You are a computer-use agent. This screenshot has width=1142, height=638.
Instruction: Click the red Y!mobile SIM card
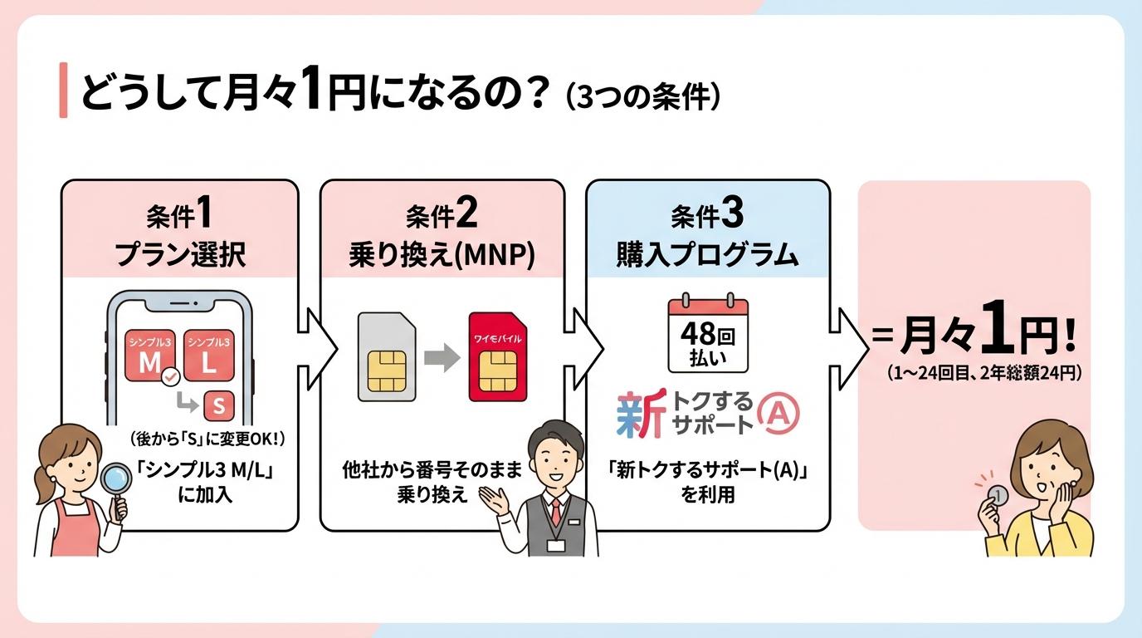[x=498, y=358]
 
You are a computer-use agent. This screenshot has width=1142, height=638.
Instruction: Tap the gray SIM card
[x=386, y=358]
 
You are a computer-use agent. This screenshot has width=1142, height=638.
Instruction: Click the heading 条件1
[x=179, y=216]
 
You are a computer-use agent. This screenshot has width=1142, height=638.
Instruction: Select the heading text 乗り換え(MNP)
[x=442, y=255]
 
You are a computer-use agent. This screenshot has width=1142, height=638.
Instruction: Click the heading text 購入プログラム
[x=707, y=255]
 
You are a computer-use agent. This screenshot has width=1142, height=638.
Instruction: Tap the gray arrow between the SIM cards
[x=442, y=359]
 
